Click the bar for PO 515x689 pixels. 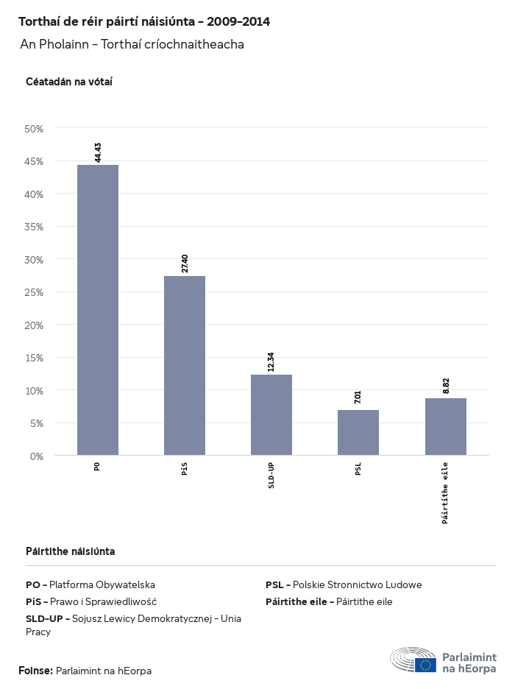point(98,310)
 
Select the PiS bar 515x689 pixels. point(185,366)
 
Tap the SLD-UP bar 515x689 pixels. point(271,415)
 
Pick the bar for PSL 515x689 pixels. point(358,433)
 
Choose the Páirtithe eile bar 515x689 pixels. point(446,427)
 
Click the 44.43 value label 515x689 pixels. point(98,152)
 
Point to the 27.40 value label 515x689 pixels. point(185,263)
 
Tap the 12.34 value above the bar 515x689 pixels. point(271,361)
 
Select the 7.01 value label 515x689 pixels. point(358,397)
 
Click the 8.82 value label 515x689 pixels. point(446,386)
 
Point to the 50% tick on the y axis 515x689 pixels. point(35,129)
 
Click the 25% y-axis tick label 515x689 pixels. point(35,292)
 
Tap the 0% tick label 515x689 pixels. point(37,456)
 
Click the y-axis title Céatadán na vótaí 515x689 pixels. point(68,82)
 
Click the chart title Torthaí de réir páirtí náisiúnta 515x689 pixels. point(144,22)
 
